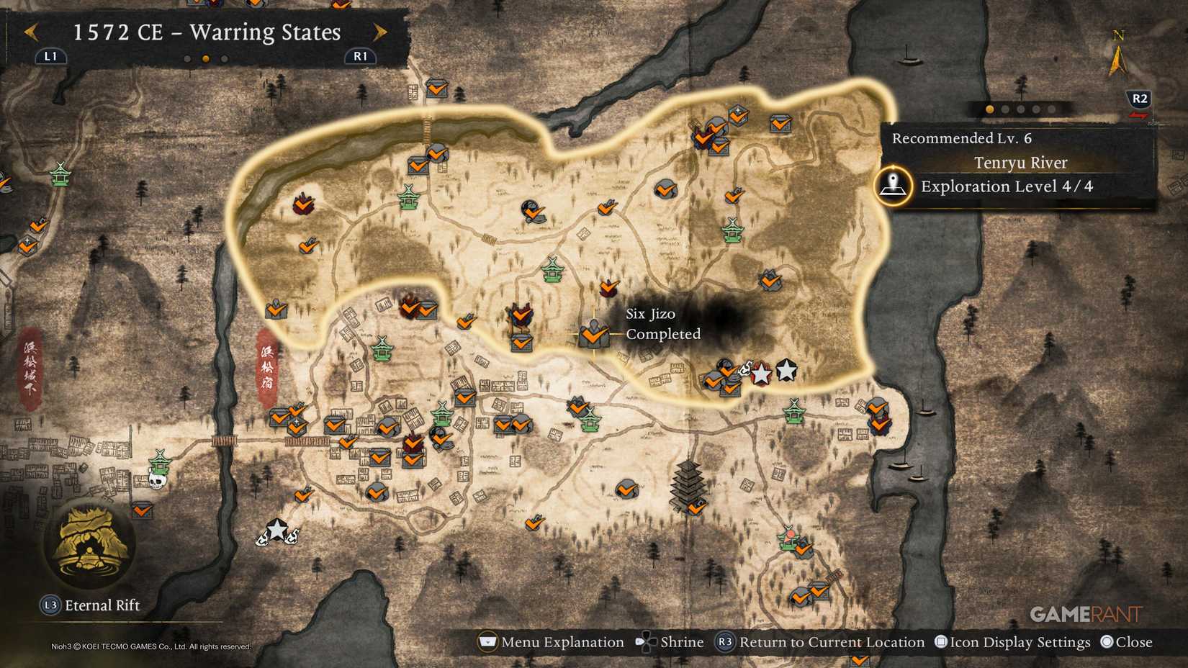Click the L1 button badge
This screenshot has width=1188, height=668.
pyautogui.click(x=50, y=56)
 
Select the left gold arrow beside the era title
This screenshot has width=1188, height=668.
pyautogui.click(x=31, y=32)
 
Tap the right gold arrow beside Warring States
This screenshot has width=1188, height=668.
pyautogui.click(x=380, y=32)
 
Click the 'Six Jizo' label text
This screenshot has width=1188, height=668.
pyautogui.click(x=650, y=314)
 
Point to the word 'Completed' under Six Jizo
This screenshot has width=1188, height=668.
pyautogui.click(x=663, y=334)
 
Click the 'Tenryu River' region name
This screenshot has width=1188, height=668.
pyautogui.click(x=1020, y=163)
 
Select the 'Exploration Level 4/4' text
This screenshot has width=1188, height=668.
pyautogui.click(x=1007, y=186)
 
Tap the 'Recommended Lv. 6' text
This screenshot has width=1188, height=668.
pyautogui.click(x=961, y=138)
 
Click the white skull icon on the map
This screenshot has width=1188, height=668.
pyautogui.click(x=157, y=479)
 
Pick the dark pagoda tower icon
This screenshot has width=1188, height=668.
pyautogui.click(x=688, y=484)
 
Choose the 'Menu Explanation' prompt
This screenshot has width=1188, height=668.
pyautogui.click(x=562, y=642)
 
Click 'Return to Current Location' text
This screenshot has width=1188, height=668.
pyautogui.click(x=832, y=642)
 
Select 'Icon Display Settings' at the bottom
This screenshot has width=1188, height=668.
pyautogui.click(x=1020, y=642)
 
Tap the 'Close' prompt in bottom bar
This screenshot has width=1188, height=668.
pyautogui.click(x=1133, y=642)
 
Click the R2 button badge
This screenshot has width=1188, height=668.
pyautogui.click(x=1140, y=99)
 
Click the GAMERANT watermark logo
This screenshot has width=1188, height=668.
pyautogui.click(x=1086, y=614)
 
